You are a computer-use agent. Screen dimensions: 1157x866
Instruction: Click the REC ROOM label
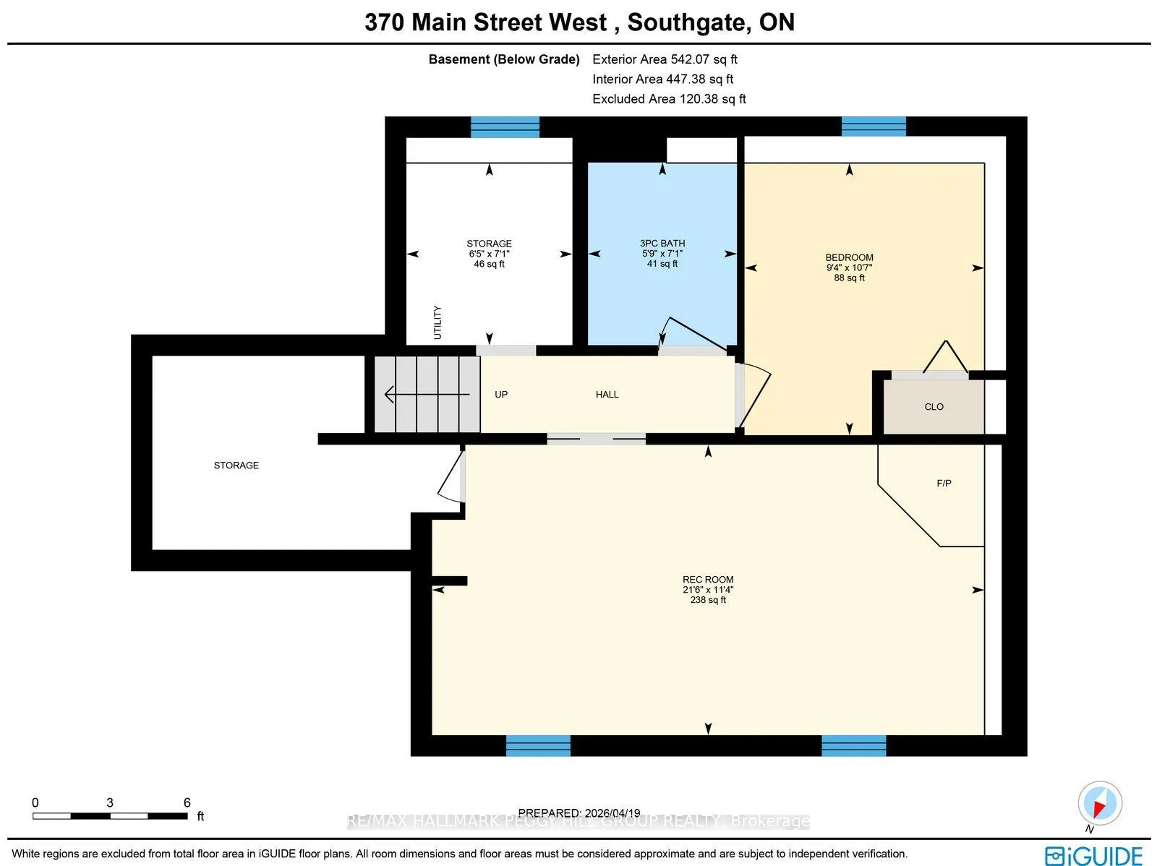708,580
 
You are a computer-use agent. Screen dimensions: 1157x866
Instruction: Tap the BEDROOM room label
849,257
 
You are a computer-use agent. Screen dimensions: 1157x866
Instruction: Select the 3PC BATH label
662,244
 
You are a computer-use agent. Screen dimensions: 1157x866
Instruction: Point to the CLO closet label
934,407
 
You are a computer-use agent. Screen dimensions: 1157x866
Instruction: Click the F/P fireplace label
944,483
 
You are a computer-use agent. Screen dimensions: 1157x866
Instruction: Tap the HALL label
607,395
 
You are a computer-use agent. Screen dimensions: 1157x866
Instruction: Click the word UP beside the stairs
501,395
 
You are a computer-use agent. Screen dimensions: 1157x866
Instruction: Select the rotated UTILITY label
437,322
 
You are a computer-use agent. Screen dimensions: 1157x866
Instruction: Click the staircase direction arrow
427,394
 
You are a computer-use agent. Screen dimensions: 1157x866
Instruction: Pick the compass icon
1100,803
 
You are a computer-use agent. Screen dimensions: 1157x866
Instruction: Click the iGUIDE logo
1093,854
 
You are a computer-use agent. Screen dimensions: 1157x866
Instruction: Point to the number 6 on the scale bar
187,802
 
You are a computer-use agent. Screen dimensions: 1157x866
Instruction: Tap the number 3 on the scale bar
110,802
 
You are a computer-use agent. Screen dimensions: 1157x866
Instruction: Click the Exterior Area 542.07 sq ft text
665,59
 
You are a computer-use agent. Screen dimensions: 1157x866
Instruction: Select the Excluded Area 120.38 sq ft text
669,99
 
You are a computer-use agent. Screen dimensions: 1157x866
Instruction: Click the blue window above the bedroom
874,127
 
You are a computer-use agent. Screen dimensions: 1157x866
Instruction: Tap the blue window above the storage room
505,127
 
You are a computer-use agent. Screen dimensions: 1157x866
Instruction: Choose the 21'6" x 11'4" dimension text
708,590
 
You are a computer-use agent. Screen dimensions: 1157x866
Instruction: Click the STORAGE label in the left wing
236,466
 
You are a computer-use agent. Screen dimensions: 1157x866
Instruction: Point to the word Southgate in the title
686,22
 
